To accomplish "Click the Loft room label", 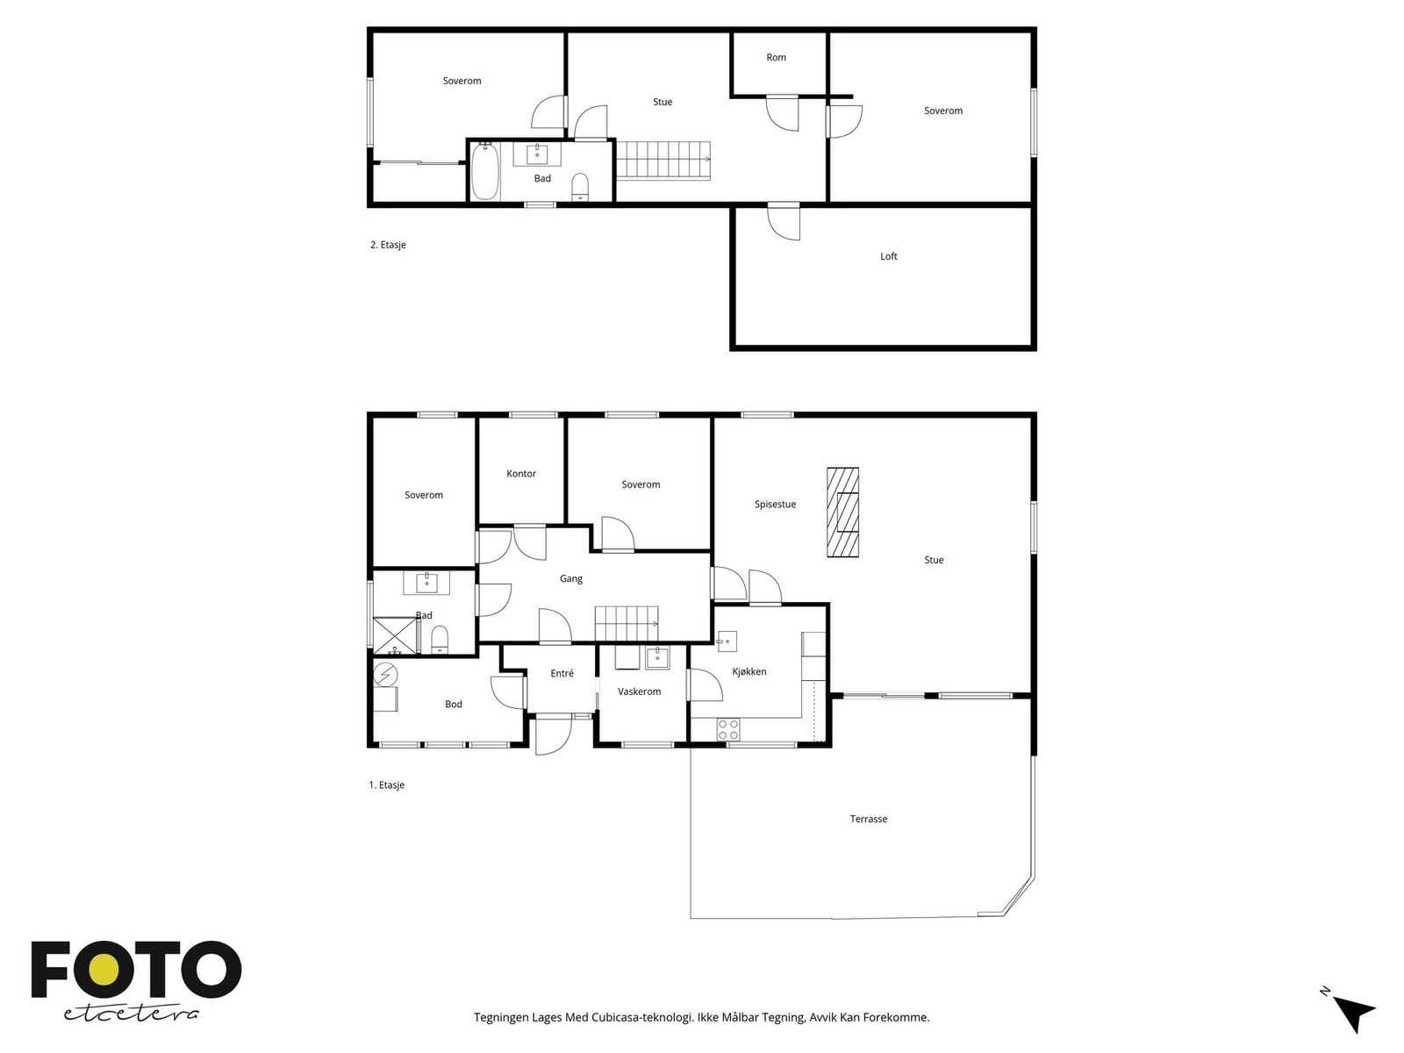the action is tap(888, 256).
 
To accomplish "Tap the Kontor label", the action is tap(520, 474).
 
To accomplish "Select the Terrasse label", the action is tap(868, 819).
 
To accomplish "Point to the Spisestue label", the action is tap(775, 505).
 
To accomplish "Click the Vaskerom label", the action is tap(639, 691).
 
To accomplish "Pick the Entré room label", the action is tap(562, 673).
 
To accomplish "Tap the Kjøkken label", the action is tap(749, 671).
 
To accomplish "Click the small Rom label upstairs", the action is tap(776, 58).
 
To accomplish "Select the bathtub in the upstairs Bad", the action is tap(485, 171).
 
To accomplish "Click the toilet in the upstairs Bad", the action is tap(579, 187).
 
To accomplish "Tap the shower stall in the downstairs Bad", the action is tap(396, 635).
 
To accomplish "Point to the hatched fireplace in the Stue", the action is tap(842, 512).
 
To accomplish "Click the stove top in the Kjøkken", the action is tap(728, 729).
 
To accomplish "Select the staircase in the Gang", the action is tap(627, 623).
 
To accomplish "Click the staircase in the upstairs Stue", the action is tap(663, 161).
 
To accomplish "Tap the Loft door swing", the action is tap(784, 222).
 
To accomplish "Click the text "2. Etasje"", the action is tap(388, 245).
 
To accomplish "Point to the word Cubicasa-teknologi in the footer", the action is tap(642, 1017).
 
